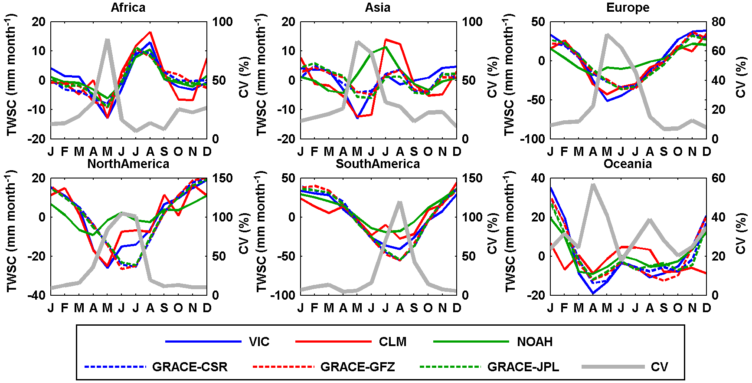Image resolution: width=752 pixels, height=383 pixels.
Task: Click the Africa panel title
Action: coord(128,7)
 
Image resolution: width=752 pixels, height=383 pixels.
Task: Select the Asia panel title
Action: coord(378,7)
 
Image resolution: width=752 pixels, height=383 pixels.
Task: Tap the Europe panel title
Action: coord(628,7)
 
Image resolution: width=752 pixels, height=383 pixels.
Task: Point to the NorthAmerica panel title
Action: coord(128,164)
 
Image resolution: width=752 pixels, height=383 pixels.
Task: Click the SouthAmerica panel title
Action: coord(378,164)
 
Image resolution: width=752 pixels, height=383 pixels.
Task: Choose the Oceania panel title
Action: coord(628,164)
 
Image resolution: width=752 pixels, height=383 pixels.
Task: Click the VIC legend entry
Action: coord(259,342)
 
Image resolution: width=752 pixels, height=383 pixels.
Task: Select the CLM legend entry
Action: coord(392,342)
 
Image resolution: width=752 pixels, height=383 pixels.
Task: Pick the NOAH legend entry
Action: coord(534,342)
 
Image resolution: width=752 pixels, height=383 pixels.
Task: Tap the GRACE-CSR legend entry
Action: coord(190,367)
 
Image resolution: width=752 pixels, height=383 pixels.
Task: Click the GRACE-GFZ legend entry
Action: coord(357,367)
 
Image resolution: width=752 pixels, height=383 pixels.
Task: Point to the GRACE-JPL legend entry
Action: coord(523,367)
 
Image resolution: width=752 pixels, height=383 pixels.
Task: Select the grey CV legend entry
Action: coord(659,367)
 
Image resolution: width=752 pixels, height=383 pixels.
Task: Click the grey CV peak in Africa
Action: coord(107,40)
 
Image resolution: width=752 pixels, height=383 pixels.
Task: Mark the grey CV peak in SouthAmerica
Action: coord(400,202)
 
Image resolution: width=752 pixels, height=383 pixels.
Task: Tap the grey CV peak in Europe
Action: coord(607,34)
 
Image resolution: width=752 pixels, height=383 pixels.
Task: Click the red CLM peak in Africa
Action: coord(150,32)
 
